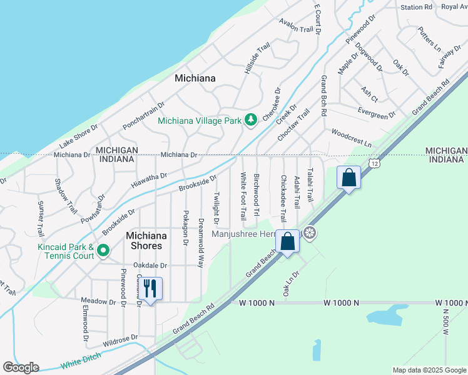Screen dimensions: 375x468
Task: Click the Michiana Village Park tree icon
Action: tap(251, 119)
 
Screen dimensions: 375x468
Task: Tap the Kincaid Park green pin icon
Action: tap(103, 252)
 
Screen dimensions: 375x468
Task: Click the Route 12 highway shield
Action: tap(374, 163)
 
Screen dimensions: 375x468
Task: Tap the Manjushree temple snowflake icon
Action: tap(309, 234)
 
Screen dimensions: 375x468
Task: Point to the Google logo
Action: tap(21, 367)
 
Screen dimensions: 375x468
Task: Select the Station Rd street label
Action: tap(417, 7)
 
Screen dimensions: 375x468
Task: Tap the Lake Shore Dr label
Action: tap(79, 137)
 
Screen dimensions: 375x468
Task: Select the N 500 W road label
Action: tap(446, 321)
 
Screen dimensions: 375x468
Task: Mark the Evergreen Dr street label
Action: tap(377, 112)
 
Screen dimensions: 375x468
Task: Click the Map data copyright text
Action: tap(429, 370)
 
